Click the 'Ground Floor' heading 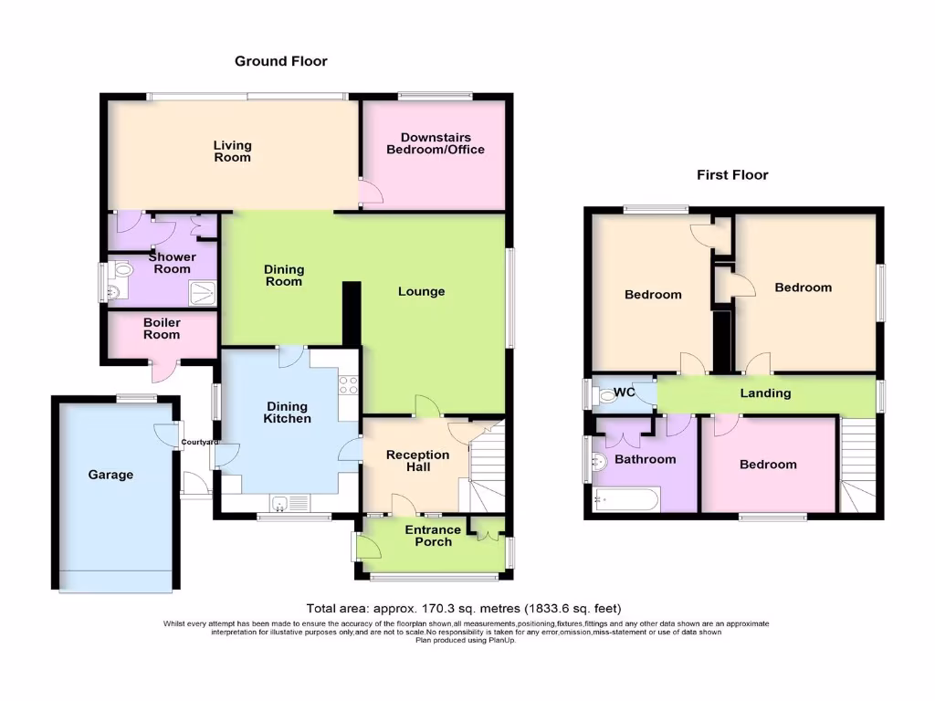(x=280, y=61)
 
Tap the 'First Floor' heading (x=732, y=174)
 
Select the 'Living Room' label (x=232, y=152)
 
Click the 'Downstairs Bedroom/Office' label (x=435, y=143)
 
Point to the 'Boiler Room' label (x=162, y=329)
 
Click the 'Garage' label (x=110, y=475)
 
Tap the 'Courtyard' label (x=199, y=443)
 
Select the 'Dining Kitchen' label (x=288, y=413)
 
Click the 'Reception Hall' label (x=417, y=461)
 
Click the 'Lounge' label (x=421, y=291)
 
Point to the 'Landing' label (x=765, y=393)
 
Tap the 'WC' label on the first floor (x=625, y=392)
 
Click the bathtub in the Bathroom (x=625, y=499)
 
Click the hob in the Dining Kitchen (x=348, y=385)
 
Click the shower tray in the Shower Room (x=203, y=291)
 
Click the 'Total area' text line (x=465, y=608)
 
